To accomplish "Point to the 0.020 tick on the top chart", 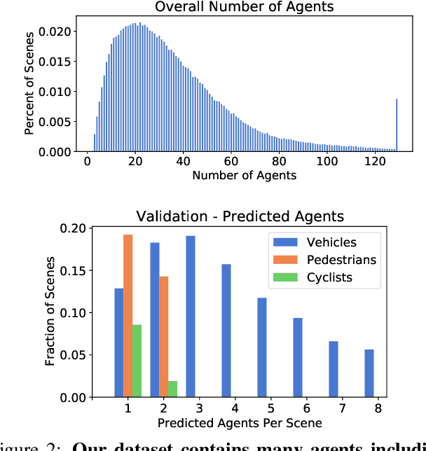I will (54, 32).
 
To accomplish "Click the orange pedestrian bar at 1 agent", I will (128, 316).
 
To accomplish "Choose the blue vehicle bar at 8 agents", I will (369, 373).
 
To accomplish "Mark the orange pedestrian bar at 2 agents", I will (163, 337).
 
